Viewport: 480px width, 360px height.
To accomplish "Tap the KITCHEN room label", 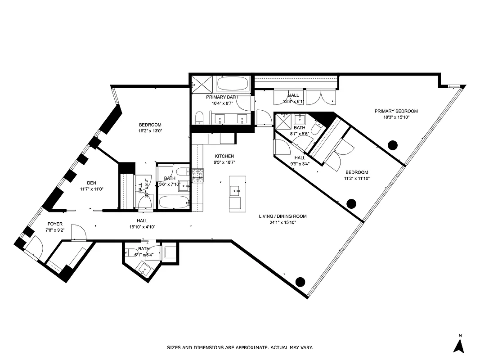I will pyautogui.click(x=224, y=156).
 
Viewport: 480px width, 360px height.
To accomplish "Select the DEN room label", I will pyautogui.click(x=92, y=183).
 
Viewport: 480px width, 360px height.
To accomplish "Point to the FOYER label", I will pyautogui.click(x=55, y=224).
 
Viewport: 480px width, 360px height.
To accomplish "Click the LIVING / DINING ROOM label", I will pyautogui.click(x=283, y=216).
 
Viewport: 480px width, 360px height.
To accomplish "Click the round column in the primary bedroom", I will pyautogui.click(x=393, y=145).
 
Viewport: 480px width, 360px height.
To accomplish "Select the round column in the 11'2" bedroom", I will pyautogui.click(x=352, y=203).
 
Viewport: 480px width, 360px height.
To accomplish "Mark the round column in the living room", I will pyautogui.click(x=300, y=282).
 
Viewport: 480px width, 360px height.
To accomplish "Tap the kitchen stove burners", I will pyautogui.click(x=197, y=175).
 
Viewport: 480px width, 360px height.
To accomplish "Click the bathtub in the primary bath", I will pyautogui.click(x=232, y=84).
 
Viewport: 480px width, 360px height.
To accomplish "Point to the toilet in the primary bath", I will pyautogui.click(x=199, y=118).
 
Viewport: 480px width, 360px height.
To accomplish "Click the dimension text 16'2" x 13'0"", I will pyautogui.click(x=150, y=131).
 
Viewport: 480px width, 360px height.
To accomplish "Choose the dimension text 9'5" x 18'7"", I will pyautogui.click(x=224, y=163).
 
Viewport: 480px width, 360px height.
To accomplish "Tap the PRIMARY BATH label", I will pyautogui.click(x=222, y=97).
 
